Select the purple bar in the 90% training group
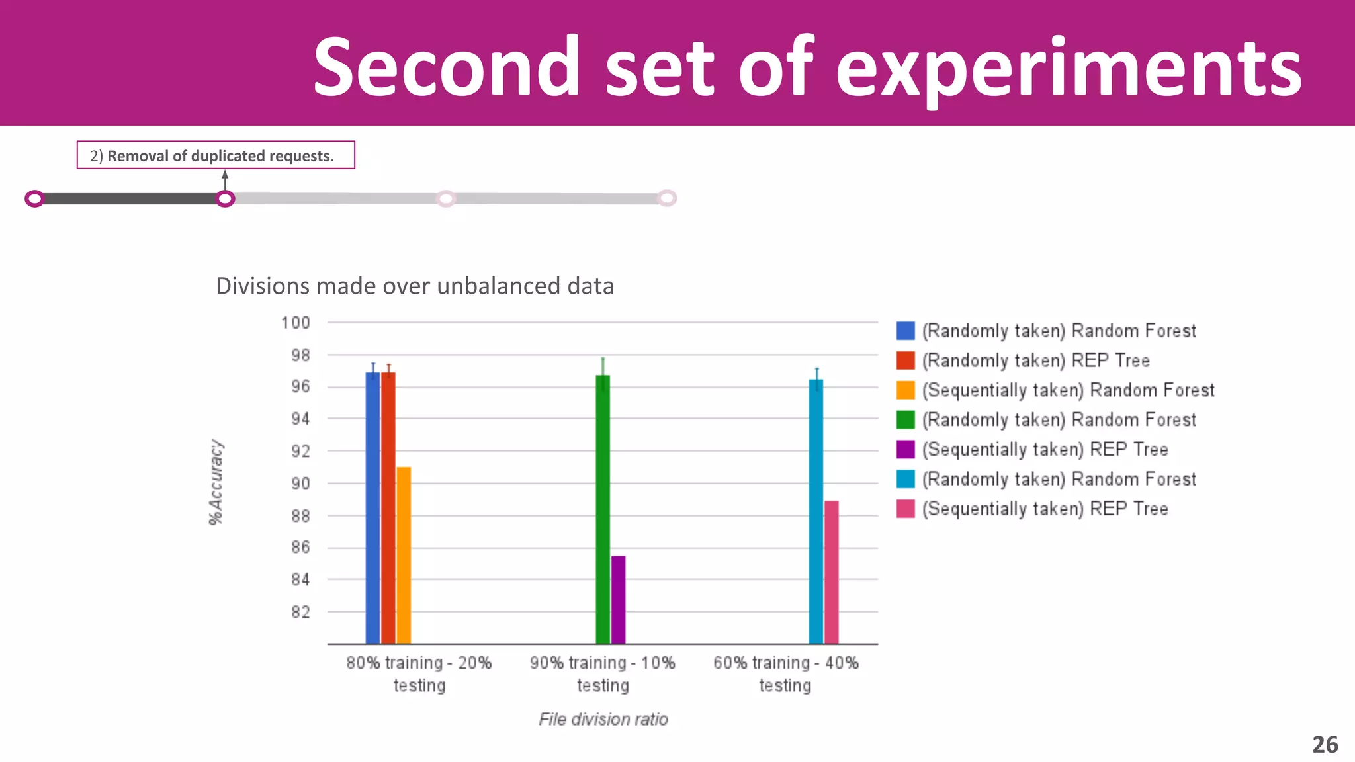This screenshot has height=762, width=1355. pos(618,599)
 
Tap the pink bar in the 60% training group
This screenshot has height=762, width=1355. pos(832,571)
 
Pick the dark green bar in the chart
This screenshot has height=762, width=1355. pos(603,509)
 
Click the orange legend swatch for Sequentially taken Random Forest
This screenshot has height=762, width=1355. pos(905,390)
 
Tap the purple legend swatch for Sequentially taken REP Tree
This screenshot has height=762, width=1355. pos(905,450)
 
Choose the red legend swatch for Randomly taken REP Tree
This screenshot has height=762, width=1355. pos(905,360)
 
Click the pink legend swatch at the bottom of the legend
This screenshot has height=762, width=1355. pos(905,509)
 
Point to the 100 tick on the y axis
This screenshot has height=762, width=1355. pos(295,323)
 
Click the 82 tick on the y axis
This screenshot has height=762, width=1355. pos(300,612)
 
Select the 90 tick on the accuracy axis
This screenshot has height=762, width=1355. pos(300,484)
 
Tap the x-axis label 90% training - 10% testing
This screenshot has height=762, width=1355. pos(603,673)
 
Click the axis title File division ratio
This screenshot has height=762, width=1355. pos(603,719)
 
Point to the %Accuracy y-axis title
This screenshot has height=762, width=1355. pos(216,482)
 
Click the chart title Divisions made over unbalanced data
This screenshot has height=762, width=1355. pos(415,286)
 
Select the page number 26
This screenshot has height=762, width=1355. pos(1325,745)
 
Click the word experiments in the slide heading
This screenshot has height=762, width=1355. pos(1069,67)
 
